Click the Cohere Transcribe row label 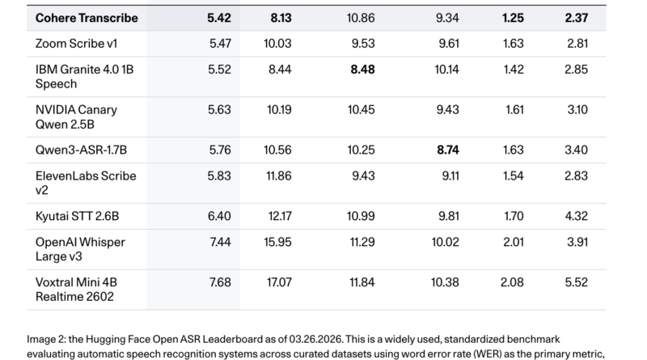87,18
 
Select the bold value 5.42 219,18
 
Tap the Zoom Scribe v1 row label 76,44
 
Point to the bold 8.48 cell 362,70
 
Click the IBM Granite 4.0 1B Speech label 85,76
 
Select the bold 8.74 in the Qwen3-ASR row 448,150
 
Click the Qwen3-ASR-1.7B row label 82,150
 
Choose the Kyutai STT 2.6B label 77,216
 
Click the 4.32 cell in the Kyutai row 577,216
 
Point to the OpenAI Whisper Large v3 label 80,249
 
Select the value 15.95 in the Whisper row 277,242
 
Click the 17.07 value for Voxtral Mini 279,282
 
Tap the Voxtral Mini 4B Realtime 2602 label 76,290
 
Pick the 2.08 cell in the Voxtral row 512,282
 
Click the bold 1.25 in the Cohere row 513,18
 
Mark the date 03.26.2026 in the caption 315,339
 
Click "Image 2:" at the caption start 46,339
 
